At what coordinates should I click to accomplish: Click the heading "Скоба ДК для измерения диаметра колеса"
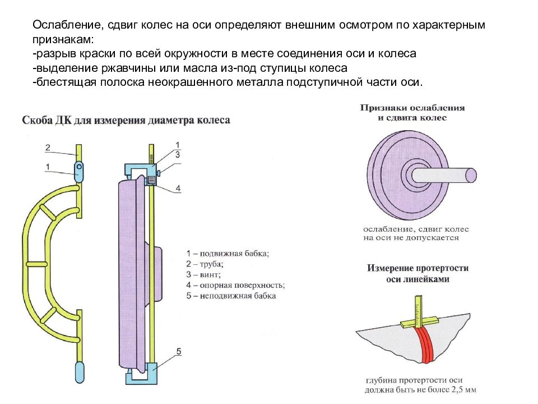click(126, 120)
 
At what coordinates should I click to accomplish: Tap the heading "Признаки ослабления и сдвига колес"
click(412, 113)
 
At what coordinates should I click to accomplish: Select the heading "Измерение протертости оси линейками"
click(418, 273)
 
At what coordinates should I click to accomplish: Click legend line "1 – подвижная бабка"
click(228, 254)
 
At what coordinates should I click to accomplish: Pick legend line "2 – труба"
click(205, 264)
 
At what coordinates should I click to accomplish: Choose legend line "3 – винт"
click(203, 274)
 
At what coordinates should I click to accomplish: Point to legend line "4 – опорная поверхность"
click(236, 285)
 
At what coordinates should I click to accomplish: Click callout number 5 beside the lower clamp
click(178, 351)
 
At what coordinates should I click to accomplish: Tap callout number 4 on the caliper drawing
click(178, 189)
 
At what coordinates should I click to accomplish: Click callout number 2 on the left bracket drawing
click(48, 148)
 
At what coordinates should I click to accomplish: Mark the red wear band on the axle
click(425, 343)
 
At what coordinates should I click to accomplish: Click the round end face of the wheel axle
click(471, 176)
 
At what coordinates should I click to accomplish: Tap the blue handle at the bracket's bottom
click(80, 371)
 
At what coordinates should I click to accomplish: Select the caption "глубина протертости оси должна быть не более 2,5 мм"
click(420, 385)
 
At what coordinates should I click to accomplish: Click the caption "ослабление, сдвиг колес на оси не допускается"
click(416, 233)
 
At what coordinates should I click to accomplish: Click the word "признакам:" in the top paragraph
click(63, 39)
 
